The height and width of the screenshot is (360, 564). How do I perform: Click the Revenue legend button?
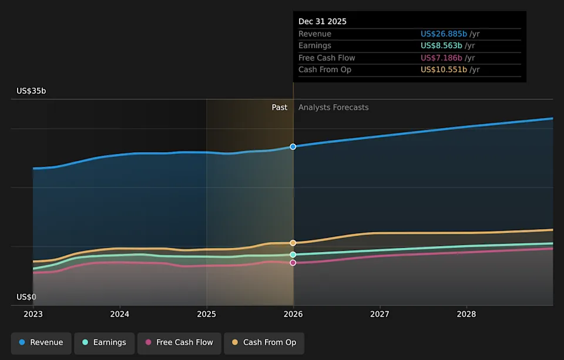click(41, 342)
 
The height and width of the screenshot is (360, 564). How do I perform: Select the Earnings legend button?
click(104, 342)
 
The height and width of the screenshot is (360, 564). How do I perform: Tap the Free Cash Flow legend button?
click(179, 342)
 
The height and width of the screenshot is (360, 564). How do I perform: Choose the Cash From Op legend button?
click(264, 342)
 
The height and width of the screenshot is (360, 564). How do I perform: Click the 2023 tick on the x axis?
click(33, 314)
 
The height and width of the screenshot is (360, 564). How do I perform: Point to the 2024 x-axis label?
click(120, 314)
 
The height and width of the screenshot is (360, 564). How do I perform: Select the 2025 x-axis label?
click(206, 314)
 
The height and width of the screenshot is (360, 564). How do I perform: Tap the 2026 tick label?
click(293, 314)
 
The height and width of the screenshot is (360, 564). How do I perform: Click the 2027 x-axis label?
click(380, 314)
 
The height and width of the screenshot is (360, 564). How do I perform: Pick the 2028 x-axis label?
click(466, 314)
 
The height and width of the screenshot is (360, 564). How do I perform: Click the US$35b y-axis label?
click(31, 91)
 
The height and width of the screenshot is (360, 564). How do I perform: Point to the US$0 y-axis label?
click(26, 297)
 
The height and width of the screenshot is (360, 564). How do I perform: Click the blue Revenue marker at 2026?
click(293, 146)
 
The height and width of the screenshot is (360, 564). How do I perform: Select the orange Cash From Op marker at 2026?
click(293, 243)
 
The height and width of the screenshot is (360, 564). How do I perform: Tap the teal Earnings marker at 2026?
click(293, 254)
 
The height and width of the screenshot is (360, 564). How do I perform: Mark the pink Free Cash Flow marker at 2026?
click(293, 263)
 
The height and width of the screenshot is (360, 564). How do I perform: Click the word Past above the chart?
click(280, 107)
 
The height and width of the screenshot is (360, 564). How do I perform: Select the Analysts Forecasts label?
click(334, 107)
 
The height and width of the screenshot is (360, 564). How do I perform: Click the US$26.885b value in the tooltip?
click(444, 34)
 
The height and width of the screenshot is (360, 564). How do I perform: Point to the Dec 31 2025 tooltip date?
click(323, 21)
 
